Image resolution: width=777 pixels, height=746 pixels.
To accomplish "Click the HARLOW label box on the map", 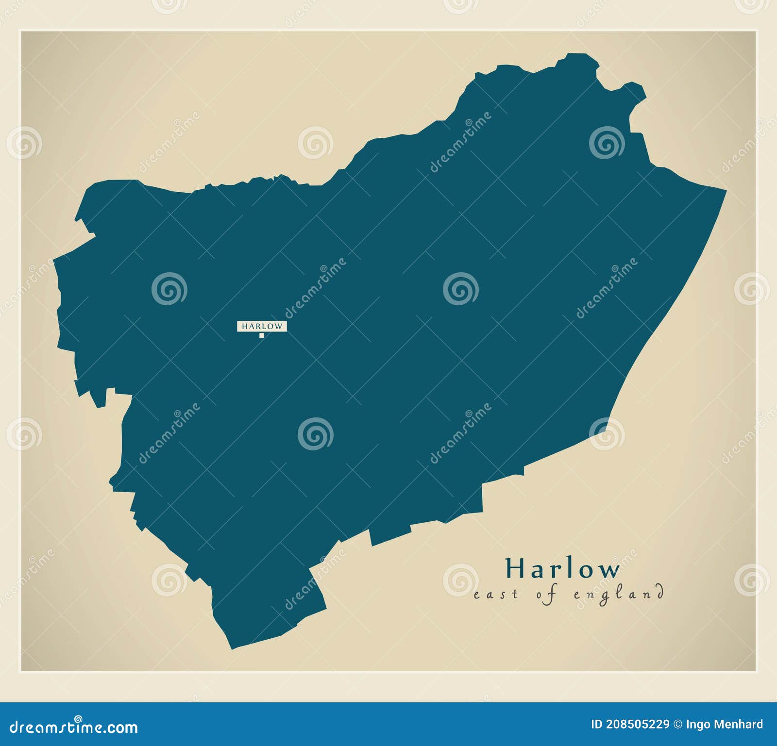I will coord(262,326).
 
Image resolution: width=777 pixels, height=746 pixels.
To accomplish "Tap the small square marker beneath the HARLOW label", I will coord(262,335).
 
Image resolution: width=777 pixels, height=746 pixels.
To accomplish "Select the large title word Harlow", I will coord(562,568).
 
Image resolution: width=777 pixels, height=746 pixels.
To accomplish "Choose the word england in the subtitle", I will coord(619,595).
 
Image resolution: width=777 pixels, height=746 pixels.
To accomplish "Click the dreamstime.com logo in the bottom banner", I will coord(74,727).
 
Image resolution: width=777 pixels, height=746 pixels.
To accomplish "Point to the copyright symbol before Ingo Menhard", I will coord(677,725).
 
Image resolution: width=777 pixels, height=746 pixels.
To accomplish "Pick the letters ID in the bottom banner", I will coord(597,725).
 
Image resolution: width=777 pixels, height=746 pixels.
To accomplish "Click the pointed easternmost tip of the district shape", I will coord(726,191).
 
